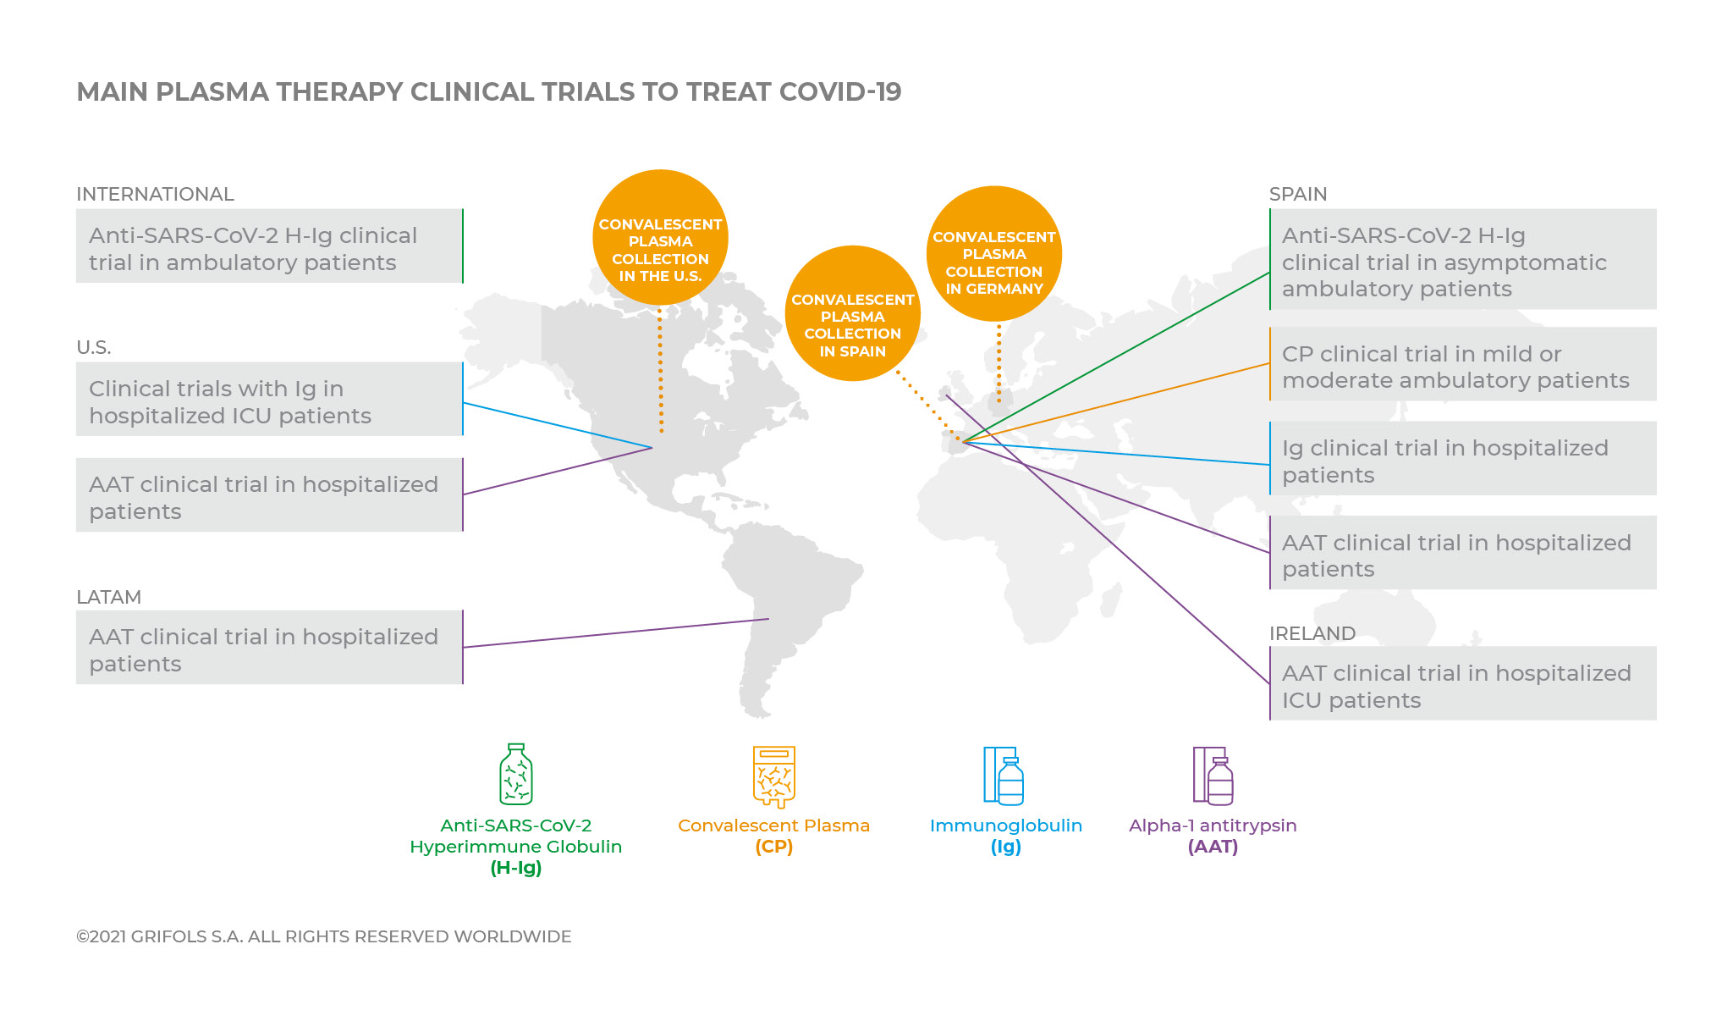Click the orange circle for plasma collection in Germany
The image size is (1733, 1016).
pos(994,254)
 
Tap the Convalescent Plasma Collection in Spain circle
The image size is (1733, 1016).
pos(853,313)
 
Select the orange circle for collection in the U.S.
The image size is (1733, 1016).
pos(660,237)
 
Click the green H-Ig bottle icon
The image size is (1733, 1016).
pos(516,774)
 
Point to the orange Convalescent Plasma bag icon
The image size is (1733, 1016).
pos(774,776)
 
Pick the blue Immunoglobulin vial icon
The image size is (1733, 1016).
pos(1004,776)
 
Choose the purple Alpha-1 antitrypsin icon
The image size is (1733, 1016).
pos(1213,776)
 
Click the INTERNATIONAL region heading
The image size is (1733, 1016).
pos(155,194)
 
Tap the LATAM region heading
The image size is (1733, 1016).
pos(108,597)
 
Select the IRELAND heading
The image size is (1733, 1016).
pos(1312,633)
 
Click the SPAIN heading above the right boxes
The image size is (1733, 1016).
pos(1298,194)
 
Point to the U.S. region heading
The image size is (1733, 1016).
pos(93,347)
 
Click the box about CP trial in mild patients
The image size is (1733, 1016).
pos(1463,364)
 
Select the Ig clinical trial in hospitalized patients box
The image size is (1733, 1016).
pos(1463,458)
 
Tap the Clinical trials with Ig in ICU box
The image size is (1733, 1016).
pos(270,399)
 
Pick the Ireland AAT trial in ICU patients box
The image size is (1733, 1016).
pos(1463,683)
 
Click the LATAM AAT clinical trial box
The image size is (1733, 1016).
pos(270,647)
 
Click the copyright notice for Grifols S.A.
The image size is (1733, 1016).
pos(324,936)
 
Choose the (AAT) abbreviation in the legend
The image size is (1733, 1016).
pos(1213,847)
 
